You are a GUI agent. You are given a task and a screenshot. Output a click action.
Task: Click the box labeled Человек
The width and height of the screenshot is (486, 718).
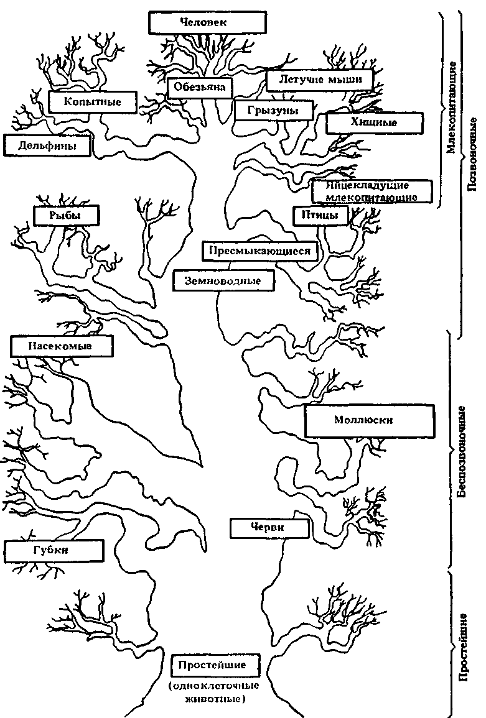pos(207,22)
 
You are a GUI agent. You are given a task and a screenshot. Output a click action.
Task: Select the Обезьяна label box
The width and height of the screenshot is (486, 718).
pos(199,88)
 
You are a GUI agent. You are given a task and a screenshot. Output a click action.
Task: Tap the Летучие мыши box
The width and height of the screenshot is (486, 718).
pos(319,80)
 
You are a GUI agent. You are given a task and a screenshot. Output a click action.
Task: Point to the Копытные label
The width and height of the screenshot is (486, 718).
pos(93,101)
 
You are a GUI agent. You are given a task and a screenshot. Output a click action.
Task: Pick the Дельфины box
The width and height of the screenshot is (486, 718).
pos(47,147)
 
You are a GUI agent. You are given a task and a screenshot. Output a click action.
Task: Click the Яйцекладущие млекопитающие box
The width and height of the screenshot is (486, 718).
pos(371,191)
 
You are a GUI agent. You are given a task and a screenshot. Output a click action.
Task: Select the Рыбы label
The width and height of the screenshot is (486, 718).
pos(66,216)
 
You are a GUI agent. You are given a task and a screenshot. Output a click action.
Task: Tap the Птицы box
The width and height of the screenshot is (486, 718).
pos(315,215)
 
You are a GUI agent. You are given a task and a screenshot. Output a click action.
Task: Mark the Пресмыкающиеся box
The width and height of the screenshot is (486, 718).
pos(260,251)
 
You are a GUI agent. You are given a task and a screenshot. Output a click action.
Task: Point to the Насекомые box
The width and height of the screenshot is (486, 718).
pos(62,346)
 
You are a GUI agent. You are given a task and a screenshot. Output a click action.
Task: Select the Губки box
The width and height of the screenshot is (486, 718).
pos(54,550)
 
